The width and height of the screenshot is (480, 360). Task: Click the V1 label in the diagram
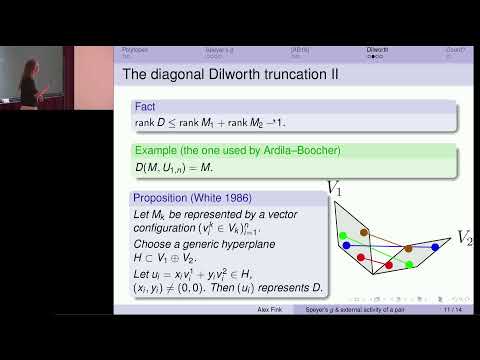[x=335, y=186]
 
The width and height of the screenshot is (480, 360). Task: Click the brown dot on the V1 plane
[x=365, y=232]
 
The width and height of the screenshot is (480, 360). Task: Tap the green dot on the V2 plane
[x=411, y=264]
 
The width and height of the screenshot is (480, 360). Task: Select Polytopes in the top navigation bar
[x=135, y=49]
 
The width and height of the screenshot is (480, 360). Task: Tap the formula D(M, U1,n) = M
[x=172, y=168]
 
